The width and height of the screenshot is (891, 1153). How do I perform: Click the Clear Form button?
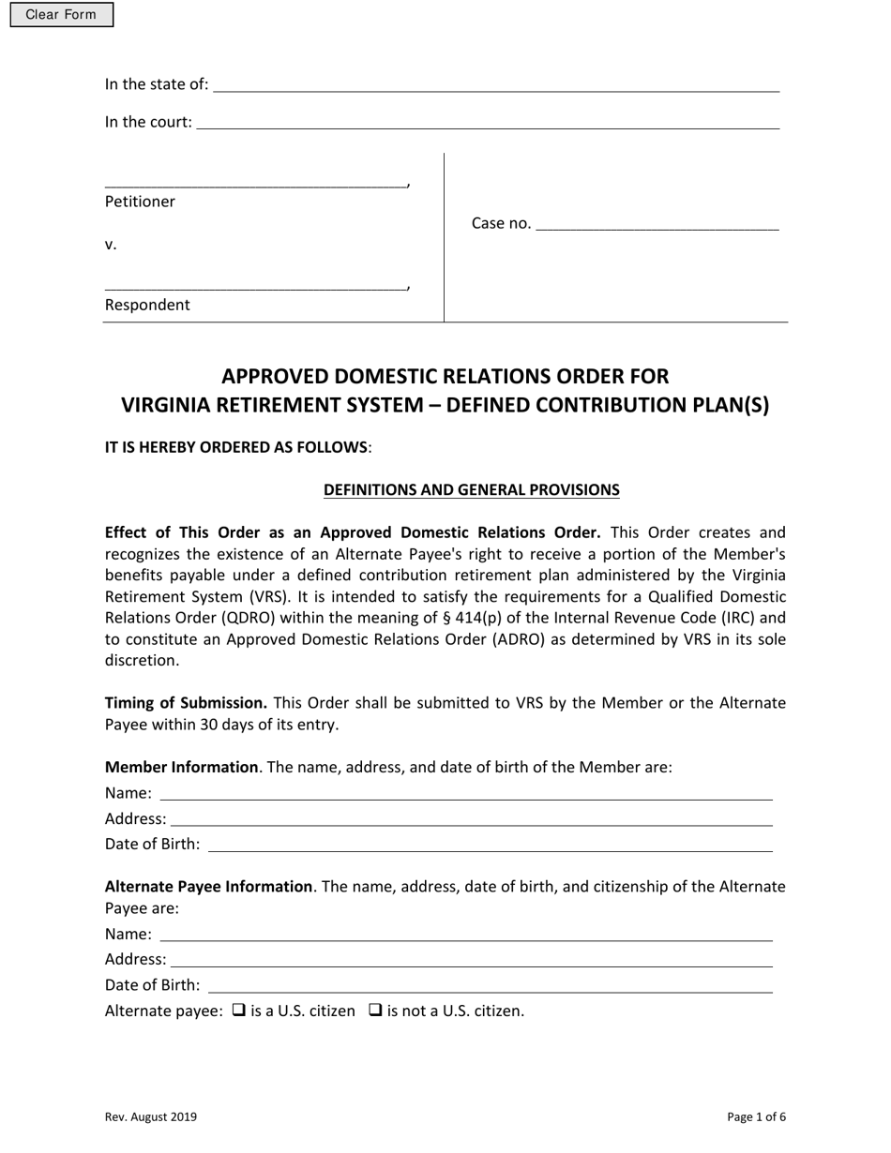(61, 15)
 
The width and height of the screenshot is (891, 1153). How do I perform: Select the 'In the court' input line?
(487, 123)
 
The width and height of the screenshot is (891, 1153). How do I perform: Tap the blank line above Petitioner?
(255, 181)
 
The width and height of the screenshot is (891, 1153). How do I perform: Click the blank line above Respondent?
(255, 284)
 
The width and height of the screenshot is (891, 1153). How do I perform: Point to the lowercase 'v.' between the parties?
(111, 245)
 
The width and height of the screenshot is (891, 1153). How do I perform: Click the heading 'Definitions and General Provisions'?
(471, 489)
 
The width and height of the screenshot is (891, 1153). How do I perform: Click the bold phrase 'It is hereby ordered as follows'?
(236, 447)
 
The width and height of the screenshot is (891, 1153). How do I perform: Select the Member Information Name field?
(465, 793)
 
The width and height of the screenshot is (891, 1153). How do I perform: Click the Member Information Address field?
(471, 819)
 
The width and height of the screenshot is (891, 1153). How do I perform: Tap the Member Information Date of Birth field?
(490, 845)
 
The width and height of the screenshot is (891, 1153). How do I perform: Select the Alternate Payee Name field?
(465, 935)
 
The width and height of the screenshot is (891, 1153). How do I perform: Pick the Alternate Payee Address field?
(471, 960)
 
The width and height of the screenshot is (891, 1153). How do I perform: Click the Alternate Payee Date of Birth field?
(490, 985)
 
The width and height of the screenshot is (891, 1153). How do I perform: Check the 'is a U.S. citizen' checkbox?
(238, 1011)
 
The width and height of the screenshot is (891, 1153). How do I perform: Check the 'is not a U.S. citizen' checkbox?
(375, 1011)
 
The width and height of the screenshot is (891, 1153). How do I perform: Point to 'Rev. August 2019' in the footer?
(151, 1116)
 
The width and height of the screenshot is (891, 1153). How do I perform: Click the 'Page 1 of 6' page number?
(756, 1116)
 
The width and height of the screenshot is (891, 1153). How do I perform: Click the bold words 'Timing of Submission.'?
(186, 703)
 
